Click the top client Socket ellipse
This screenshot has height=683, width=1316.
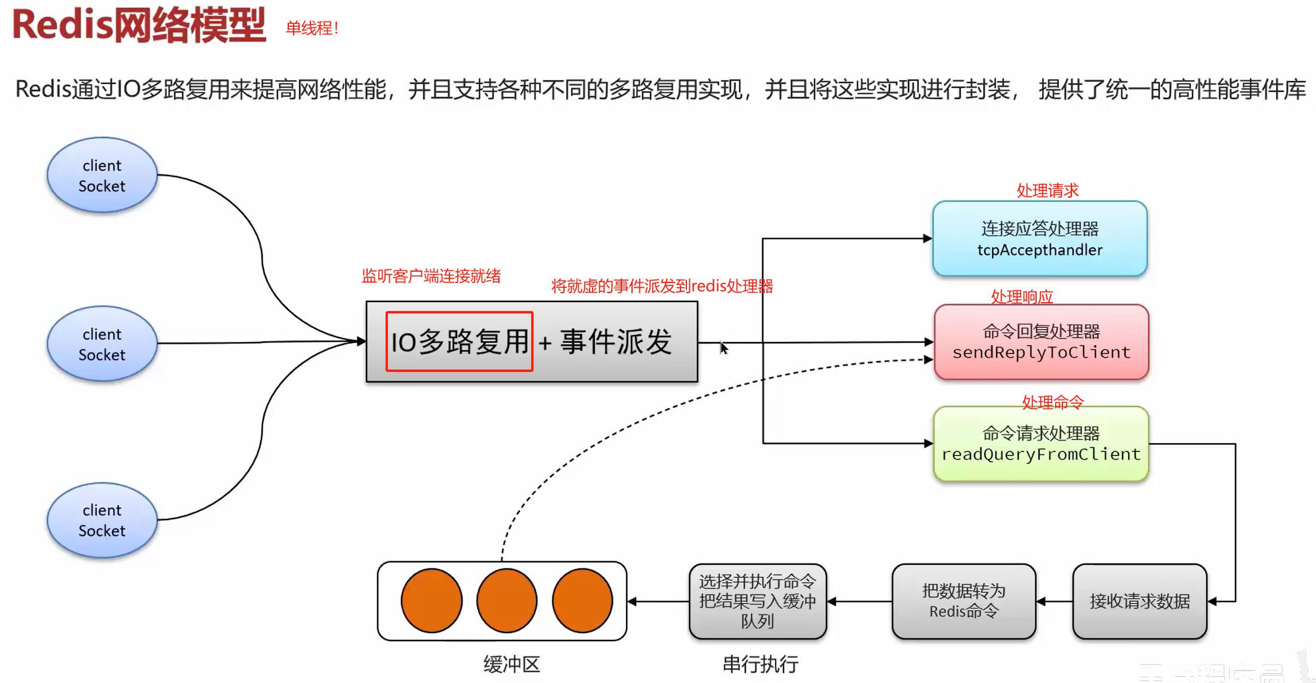102,176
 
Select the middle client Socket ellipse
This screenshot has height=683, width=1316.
102,344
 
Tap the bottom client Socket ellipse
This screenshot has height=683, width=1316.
102,520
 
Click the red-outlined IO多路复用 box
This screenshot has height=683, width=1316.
459,341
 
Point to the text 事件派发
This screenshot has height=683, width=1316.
616,342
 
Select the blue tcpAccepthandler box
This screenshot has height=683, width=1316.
1040,239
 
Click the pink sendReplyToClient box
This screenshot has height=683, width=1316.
1041,342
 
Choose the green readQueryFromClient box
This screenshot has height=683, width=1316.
1041,444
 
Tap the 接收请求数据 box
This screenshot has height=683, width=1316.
1139,601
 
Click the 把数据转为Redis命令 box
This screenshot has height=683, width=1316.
963,601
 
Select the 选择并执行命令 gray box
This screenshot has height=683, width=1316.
757,601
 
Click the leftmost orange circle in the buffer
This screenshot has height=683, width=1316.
432,601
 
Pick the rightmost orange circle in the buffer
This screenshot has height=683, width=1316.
583,601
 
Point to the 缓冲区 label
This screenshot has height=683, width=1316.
511,664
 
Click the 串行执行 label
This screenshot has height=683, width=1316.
760,664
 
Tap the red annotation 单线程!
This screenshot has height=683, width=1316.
312,28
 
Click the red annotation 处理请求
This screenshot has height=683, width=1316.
1047,190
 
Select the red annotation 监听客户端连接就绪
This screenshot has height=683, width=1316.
431,276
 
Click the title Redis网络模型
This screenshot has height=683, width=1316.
138,26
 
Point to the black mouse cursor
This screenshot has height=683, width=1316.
723,348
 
